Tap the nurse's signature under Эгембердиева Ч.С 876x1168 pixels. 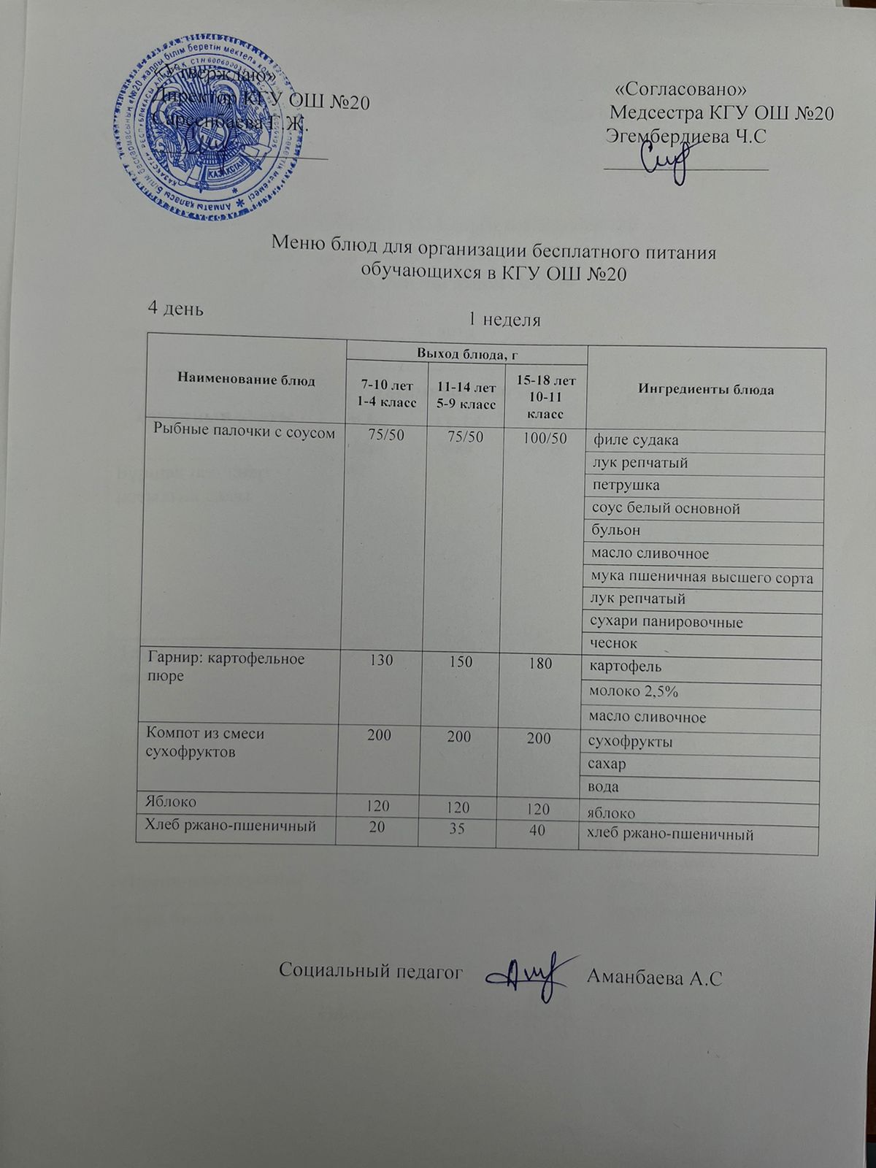click(x=665, y=161)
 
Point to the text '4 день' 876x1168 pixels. click(x=175, y=308)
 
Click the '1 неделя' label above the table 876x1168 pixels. click(x=504, y=320)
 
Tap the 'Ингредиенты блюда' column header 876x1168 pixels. click(x=706, y=389)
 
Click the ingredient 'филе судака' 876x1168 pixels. click(x=636, y=440)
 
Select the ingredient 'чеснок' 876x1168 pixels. click(x=615, y=643)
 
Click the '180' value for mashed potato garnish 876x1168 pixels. click(x=540, y=662)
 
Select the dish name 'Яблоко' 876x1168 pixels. click(x=172, y=801)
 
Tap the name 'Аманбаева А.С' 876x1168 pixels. click(x=654, y=978)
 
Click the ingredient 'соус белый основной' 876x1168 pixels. click(x=666, y=508)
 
